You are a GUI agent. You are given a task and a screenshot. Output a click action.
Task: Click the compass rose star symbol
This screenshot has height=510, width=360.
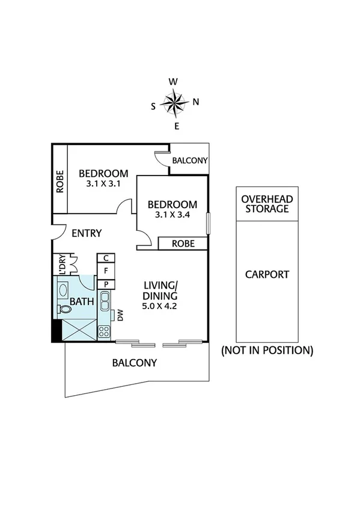(175, 103)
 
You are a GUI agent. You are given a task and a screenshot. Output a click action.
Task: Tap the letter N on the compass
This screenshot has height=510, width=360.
(196, 102)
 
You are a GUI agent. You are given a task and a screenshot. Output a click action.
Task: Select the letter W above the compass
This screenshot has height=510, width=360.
(173, 82)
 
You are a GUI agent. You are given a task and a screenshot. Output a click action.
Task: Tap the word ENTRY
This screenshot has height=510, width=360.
(87, 233)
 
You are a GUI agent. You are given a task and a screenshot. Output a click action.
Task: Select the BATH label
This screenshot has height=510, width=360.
(81, 301)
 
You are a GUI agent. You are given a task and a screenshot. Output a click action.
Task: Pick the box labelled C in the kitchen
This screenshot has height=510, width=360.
(105, 259)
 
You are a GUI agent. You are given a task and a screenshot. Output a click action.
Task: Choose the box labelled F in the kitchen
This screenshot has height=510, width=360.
(105, 271)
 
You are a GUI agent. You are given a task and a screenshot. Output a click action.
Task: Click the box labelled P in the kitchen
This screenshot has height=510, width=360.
(105, 284)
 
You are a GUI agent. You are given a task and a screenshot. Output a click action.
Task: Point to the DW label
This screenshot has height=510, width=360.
(120, 315)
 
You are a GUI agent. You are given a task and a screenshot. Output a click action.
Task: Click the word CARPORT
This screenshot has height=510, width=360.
(267, 274)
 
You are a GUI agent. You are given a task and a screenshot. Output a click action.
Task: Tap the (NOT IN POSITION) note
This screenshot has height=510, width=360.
(267, 350)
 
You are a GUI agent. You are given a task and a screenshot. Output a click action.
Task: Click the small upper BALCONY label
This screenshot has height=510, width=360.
(189, 161)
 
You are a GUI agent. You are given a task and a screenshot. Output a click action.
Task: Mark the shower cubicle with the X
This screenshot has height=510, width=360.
(78, 330)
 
